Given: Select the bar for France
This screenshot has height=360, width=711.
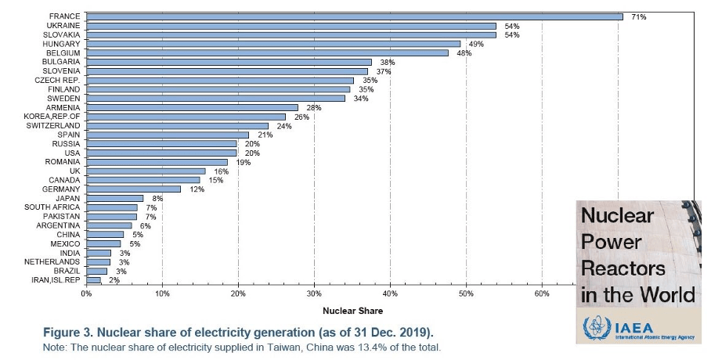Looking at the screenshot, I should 352,16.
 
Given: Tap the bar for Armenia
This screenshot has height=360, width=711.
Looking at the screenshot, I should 191,107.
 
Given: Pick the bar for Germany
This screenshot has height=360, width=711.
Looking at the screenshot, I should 133,189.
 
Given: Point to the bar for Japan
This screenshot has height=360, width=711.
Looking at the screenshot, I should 114,198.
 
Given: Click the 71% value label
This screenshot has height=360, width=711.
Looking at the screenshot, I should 639,16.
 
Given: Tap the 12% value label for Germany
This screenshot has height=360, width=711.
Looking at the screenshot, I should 196,189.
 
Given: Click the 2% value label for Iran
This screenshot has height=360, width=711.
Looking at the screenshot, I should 114,279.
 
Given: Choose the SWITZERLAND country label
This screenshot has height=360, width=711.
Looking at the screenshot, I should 53,125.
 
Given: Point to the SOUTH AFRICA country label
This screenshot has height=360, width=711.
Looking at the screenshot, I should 52,207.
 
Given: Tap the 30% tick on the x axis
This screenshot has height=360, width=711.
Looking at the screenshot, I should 314,293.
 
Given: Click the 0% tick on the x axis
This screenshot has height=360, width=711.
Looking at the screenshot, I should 86,293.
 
